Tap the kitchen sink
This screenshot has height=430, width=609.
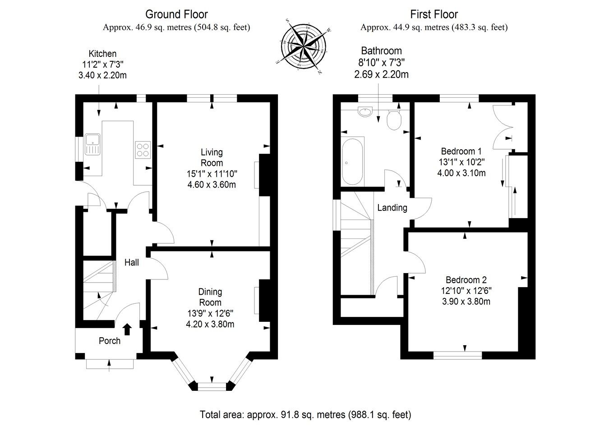tap(92, 144)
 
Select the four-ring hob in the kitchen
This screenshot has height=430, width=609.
tap(143, 149)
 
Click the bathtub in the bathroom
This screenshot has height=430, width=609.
tap(352, 162)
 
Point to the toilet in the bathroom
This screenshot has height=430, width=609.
tap(394, 119)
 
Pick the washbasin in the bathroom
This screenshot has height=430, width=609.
tap(364, 111)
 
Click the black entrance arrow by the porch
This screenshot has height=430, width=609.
tap(127, 329)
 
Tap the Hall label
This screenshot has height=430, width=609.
tap(131, 262)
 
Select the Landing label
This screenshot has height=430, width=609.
tap(392, 208)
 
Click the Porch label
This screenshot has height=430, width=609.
tap(110, 341)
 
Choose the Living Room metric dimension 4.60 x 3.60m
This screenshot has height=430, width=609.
tap(212, 184)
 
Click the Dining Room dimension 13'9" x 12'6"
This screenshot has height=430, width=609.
tap(210, 313)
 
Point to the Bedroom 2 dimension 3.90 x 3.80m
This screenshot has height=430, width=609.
tap(466, 301)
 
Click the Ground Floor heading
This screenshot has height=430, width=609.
tap(176, 14)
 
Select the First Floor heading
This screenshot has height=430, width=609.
tap(434, 14)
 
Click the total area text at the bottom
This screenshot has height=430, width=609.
tap(305, 414)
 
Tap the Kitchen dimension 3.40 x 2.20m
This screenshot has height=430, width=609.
tap(102, 75)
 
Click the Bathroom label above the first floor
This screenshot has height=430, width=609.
tap(381, 50)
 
